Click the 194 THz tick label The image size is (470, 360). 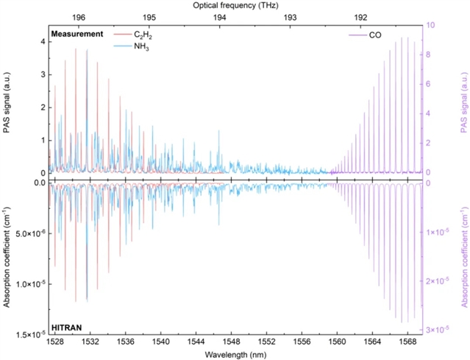220,17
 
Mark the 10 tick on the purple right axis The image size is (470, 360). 432,25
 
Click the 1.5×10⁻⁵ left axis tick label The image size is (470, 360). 25,334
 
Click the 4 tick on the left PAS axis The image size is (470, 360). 42,41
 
